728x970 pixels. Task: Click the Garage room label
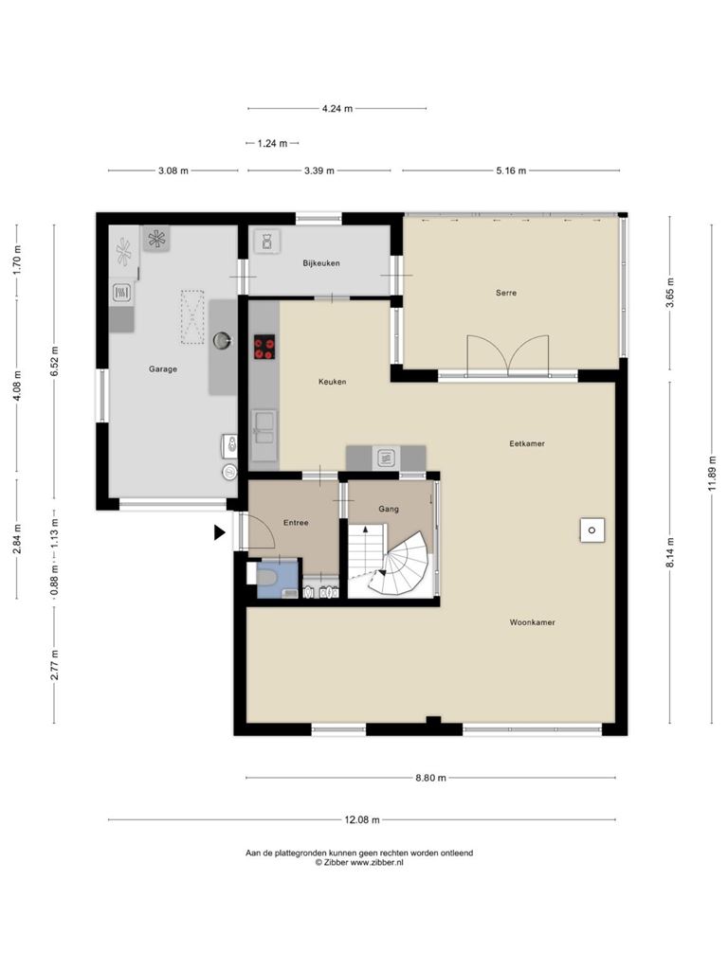coord(163,369)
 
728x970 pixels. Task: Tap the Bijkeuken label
coord(321,263)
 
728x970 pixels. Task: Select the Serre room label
coord(506,293)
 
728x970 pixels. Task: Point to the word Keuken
coord(333,382)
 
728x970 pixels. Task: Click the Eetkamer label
coord(527,443)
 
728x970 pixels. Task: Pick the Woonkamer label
coord(533,622)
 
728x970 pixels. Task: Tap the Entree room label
coord(296,523)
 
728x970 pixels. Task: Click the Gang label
coord(389,509)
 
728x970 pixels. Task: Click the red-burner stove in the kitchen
coord(265,347)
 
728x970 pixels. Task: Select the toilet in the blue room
coord(266,577)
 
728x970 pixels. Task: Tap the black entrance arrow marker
coord(220,532)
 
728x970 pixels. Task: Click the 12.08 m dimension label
coord(362,819)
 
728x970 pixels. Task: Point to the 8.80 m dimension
coord(431,778)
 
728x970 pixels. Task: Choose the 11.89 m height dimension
coord(712,474)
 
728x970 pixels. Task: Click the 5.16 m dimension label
coord(511,171)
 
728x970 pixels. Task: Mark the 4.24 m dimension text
coord(337,109)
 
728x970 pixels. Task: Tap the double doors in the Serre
coord(508,356)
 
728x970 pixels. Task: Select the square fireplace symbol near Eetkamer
coord(592,530)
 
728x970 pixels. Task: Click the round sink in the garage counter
coord(222,340)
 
